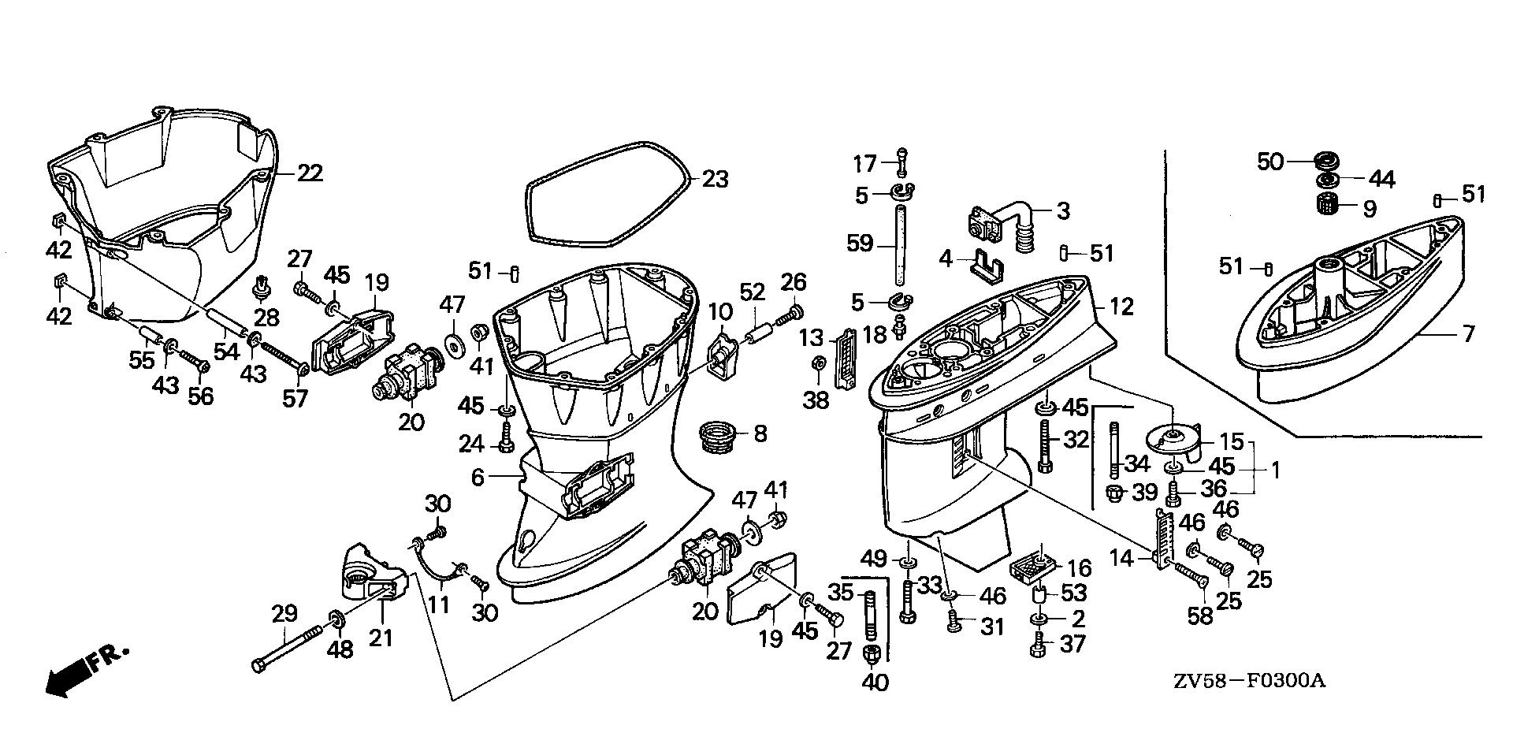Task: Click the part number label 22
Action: pos(310,173)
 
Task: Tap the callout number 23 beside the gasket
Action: pos(716,180)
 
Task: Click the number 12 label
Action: pos(1121,307)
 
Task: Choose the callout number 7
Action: pos(1467,334)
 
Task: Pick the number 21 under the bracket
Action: pos(381,637)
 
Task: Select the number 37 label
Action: pos(1072,644)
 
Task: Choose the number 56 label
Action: pos(200,396)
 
